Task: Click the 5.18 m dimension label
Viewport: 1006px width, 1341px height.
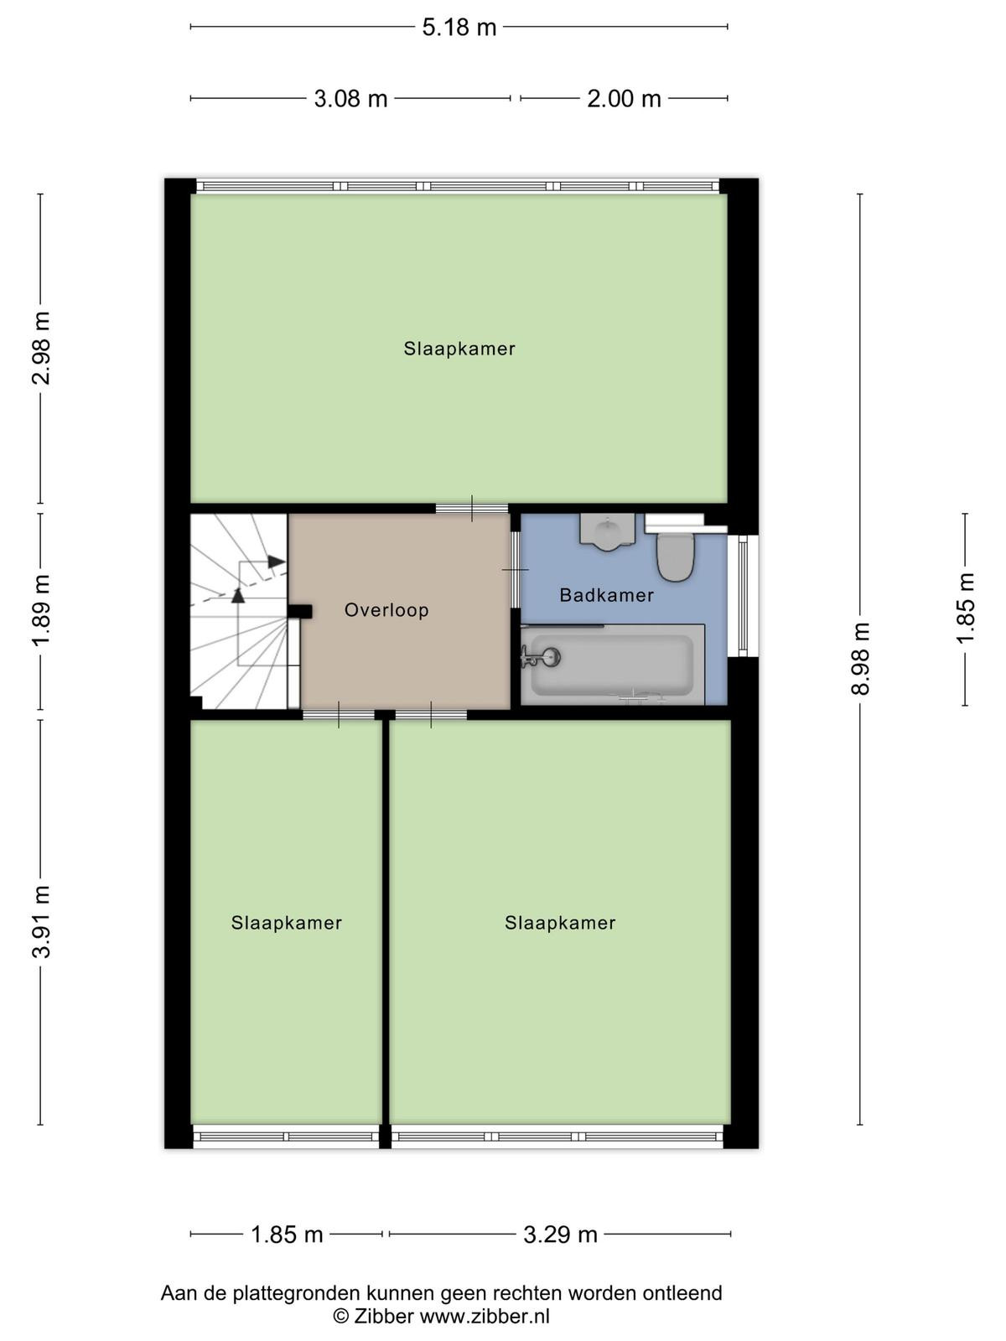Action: pos(459,28)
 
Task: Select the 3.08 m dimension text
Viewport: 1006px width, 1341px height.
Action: pos(350,98)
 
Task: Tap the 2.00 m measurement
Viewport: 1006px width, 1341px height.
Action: pos(624,98)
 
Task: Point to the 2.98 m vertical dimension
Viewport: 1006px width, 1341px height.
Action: pos(41,348)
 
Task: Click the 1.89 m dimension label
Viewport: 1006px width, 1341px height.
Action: pos(41,610)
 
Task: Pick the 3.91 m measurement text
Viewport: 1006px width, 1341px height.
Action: pos(41,922)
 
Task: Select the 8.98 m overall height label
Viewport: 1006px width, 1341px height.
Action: pos(860,660)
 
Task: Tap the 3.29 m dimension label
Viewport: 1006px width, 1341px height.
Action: pos(560,1235)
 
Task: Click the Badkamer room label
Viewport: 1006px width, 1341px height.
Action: pos(606,595)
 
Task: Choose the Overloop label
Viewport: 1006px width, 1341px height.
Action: pos(386,609)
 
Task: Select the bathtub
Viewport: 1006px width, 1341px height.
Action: pos(613,665)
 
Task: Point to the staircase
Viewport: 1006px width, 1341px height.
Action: pos(239,611)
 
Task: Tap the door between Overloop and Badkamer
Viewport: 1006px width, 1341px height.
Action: pos(515,569)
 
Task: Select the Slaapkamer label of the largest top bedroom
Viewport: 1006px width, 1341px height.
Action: pos(459,349)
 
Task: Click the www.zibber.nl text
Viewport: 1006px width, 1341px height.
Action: pos(485,1316)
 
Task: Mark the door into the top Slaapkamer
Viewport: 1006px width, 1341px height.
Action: pos(471,508)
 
